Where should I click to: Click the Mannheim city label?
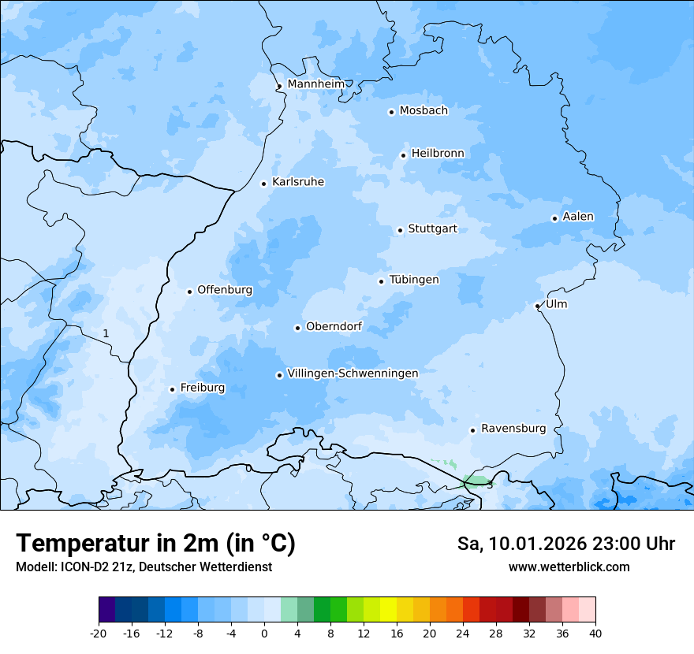[315, 84]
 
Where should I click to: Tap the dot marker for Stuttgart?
[400, 230]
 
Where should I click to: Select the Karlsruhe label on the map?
[297, 182]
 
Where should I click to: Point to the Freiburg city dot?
[172, 389]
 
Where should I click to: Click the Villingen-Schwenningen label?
[353, 373]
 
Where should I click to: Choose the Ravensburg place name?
[513, 429]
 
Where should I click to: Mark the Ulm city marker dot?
[537, 306]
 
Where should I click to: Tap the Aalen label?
[577, 217]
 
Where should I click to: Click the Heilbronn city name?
[438, 153]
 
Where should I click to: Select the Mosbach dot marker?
[391, 112]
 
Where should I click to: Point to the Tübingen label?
[414, 280]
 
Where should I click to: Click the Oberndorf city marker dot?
[297, 328]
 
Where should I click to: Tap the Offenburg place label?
[225, 290]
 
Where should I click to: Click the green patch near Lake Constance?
[476, 480]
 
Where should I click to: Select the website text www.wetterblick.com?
[569, 567]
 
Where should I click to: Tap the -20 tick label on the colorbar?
[99, 634]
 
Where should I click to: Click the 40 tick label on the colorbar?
[595, 634]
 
